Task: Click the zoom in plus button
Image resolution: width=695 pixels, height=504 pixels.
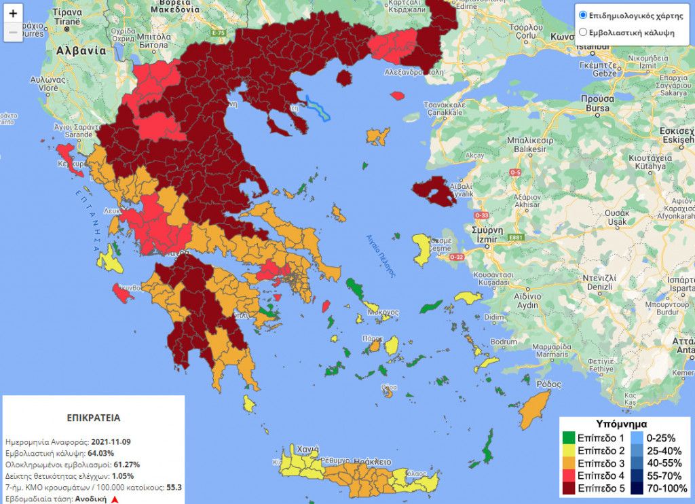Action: (13, 14)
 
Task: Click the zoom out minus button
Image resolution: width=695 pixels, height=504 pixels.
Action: (13, 32)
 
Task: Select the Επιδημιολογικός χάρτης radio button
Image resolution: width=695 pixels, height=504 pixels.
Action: (582, 15)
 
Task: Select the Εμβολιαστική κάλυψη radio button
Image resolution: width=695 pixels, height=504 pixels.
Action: (582, 32)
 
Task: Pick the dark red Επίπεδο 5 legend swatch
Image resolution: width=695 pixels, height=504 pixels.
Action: (568, 487)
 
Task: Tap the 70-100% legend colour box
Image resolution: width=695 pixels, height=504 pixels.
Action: (637, 487)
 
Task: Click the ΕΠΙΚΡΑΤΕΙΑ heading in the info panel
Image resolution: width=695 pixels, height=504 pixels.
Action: (94, 418)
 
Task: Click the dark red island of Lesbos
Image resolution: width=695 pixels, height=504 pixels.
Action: (434, 192)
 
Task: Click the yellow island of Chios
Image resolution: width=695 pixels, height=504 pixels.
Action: (422, 249)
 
